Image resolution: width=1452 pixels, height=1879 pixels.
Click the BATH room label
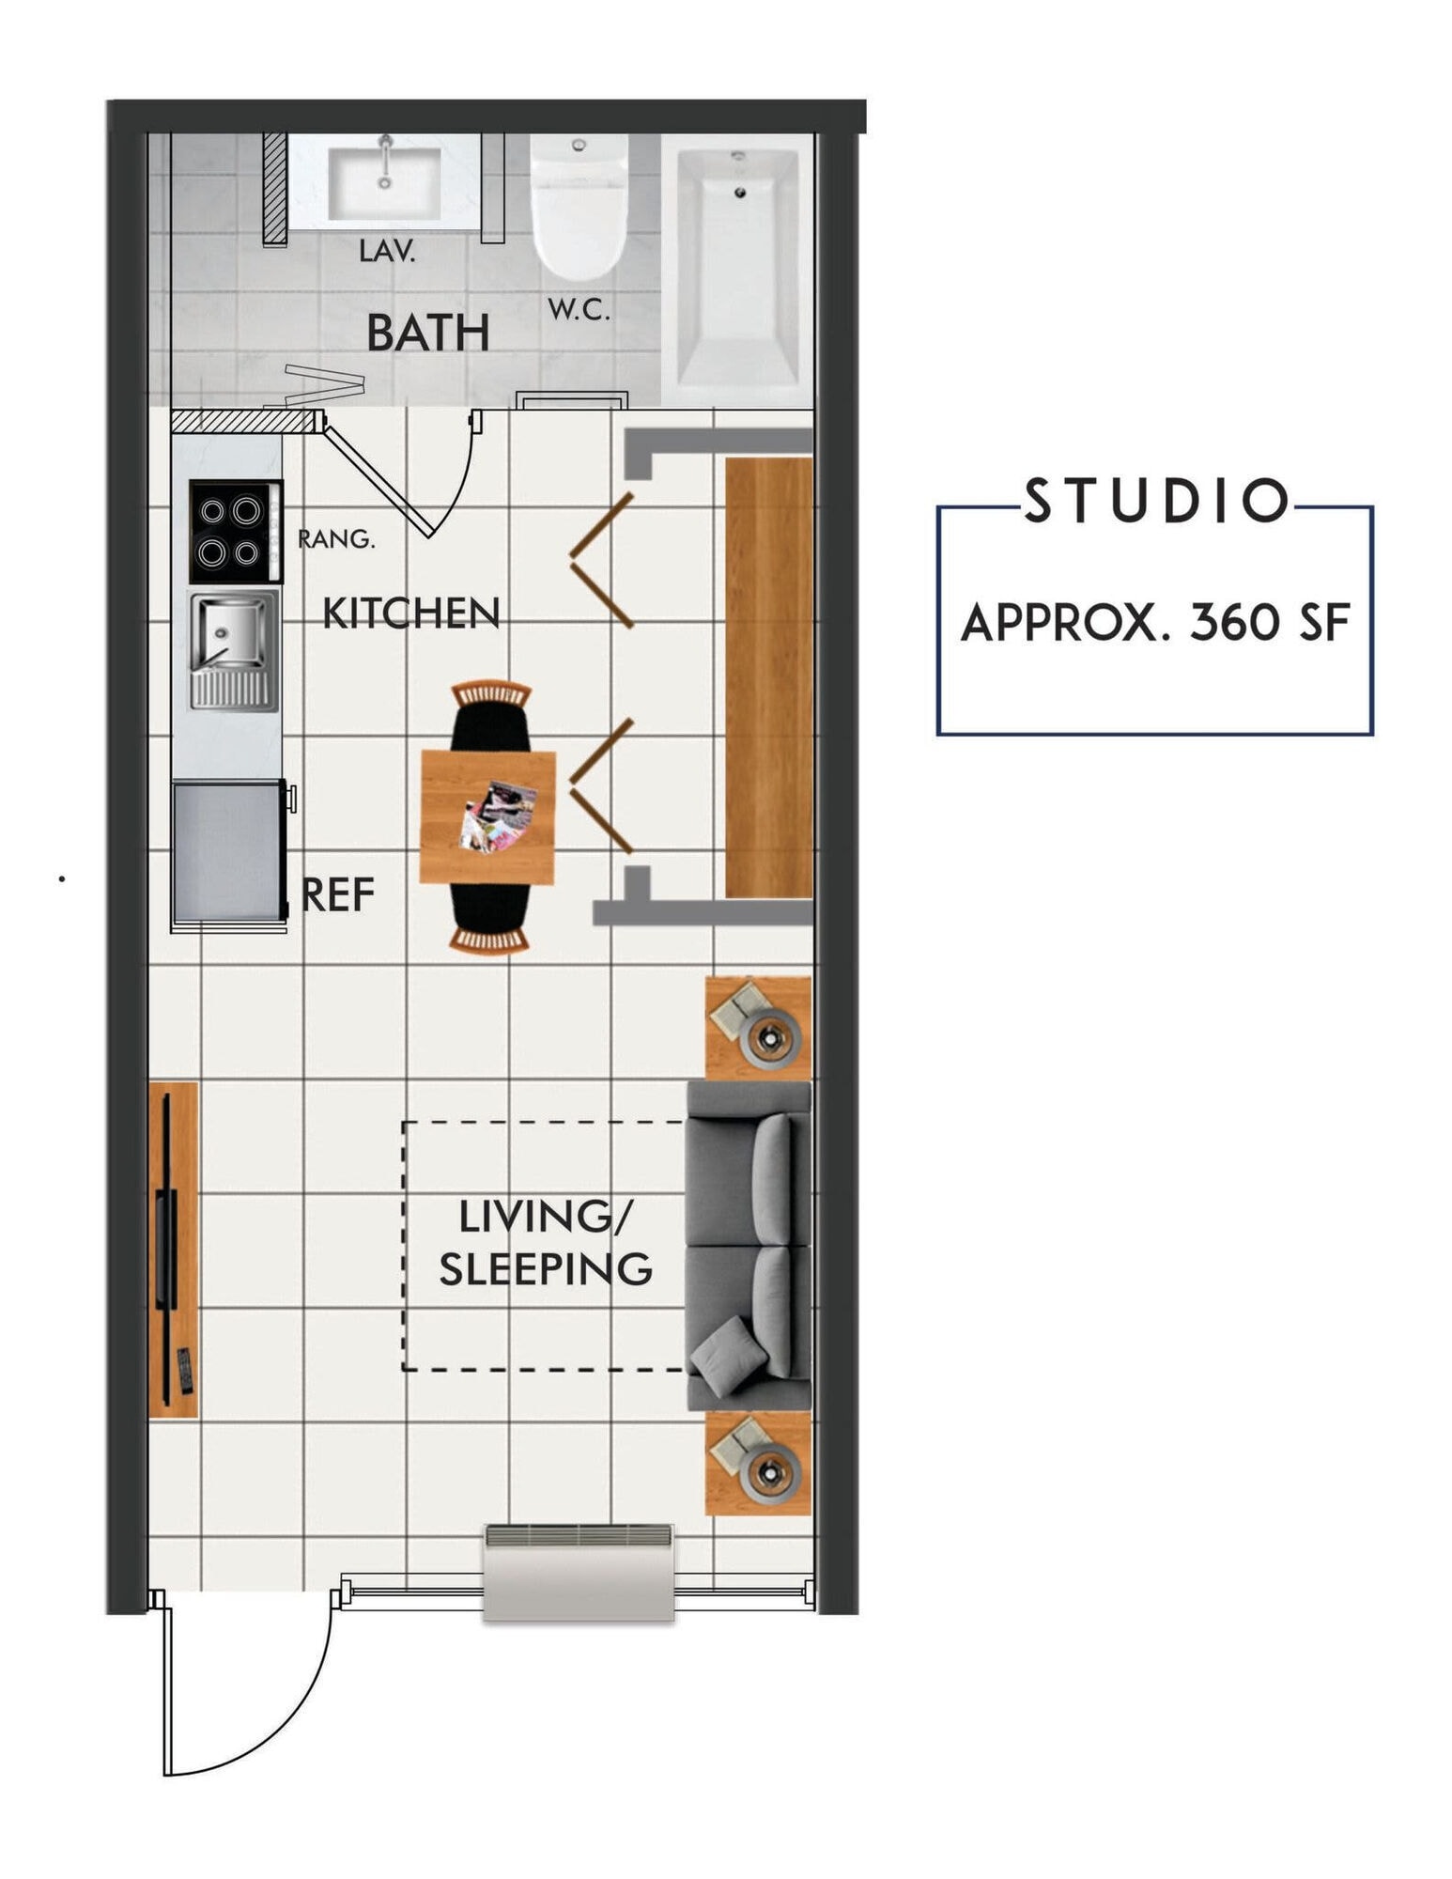(x=427, y=333)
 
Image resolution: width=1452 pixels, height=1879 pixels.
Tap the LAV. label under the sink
(x=386, y=251)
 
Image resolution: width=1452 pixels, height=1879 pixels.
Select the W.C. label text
(x=579, y=309)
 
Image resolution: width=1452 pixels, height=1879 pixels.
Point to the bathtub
(x=737, y=268)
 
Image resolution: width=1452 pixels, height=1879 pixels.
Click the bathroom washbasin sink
(x=384, y=183)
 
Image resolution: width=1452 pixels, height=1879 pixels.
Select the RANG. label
(x=335, y=539)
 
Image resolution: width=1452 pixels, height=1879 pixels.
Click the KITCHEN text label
(x=410, y=613)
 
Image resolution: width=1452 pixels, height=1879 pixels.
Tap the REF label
(x=338, y=894)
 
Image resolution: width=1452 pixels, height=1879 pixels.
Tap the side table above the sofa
(x=757, y=1028)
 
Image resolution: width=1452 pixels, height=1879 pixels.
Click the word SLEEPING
(x=545, y=1269)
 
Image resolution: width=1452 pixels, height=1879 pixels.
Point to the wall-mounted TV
(x=167, y=1249)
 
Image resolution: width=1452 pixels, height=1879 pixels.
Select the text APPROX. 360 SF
(x=1154, y=622)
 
